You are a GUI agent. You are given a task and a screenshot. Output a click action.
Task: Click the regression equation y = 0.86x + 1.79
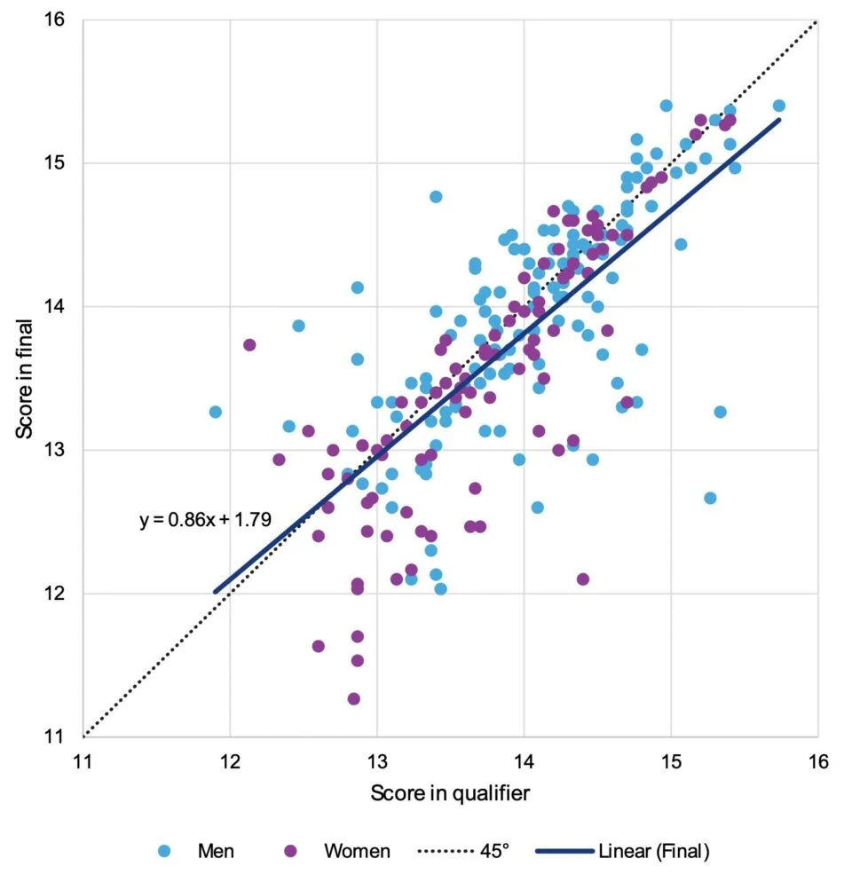(205, 520)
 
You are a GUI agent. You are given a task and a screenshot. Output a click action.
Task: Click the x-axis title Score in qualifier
(450, 793)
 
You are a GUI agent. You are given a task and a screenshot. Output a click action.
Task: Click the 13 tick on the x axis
(377, 760)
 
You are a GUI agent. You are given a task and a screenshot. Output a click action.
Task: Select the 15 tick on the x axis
(671, 760)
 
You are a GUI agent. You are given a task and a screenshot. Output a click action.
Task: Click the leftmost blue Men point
(215, 412)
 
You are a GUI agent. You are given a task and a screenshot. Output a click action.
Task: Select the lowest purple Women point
(353, 699)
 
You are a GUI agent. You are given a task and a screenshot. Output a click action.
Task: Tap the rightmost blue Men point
(778, 106)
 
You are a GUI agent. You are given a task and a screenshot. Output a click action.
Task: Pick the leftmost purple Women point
(249, 345)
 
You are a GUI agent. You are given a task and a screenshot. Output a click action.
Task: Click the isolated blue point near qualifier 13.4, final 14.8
(436, 196)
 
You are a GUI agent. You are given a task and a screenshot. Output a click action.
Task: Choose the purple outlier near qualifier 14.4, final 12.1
(583, 579)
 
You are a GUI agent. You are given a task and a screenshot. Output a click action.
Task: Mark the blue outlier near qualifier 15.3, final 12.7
(710, 498)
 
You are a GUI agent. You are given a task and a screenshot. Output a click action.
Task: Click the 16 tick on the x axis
(817, 760)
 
